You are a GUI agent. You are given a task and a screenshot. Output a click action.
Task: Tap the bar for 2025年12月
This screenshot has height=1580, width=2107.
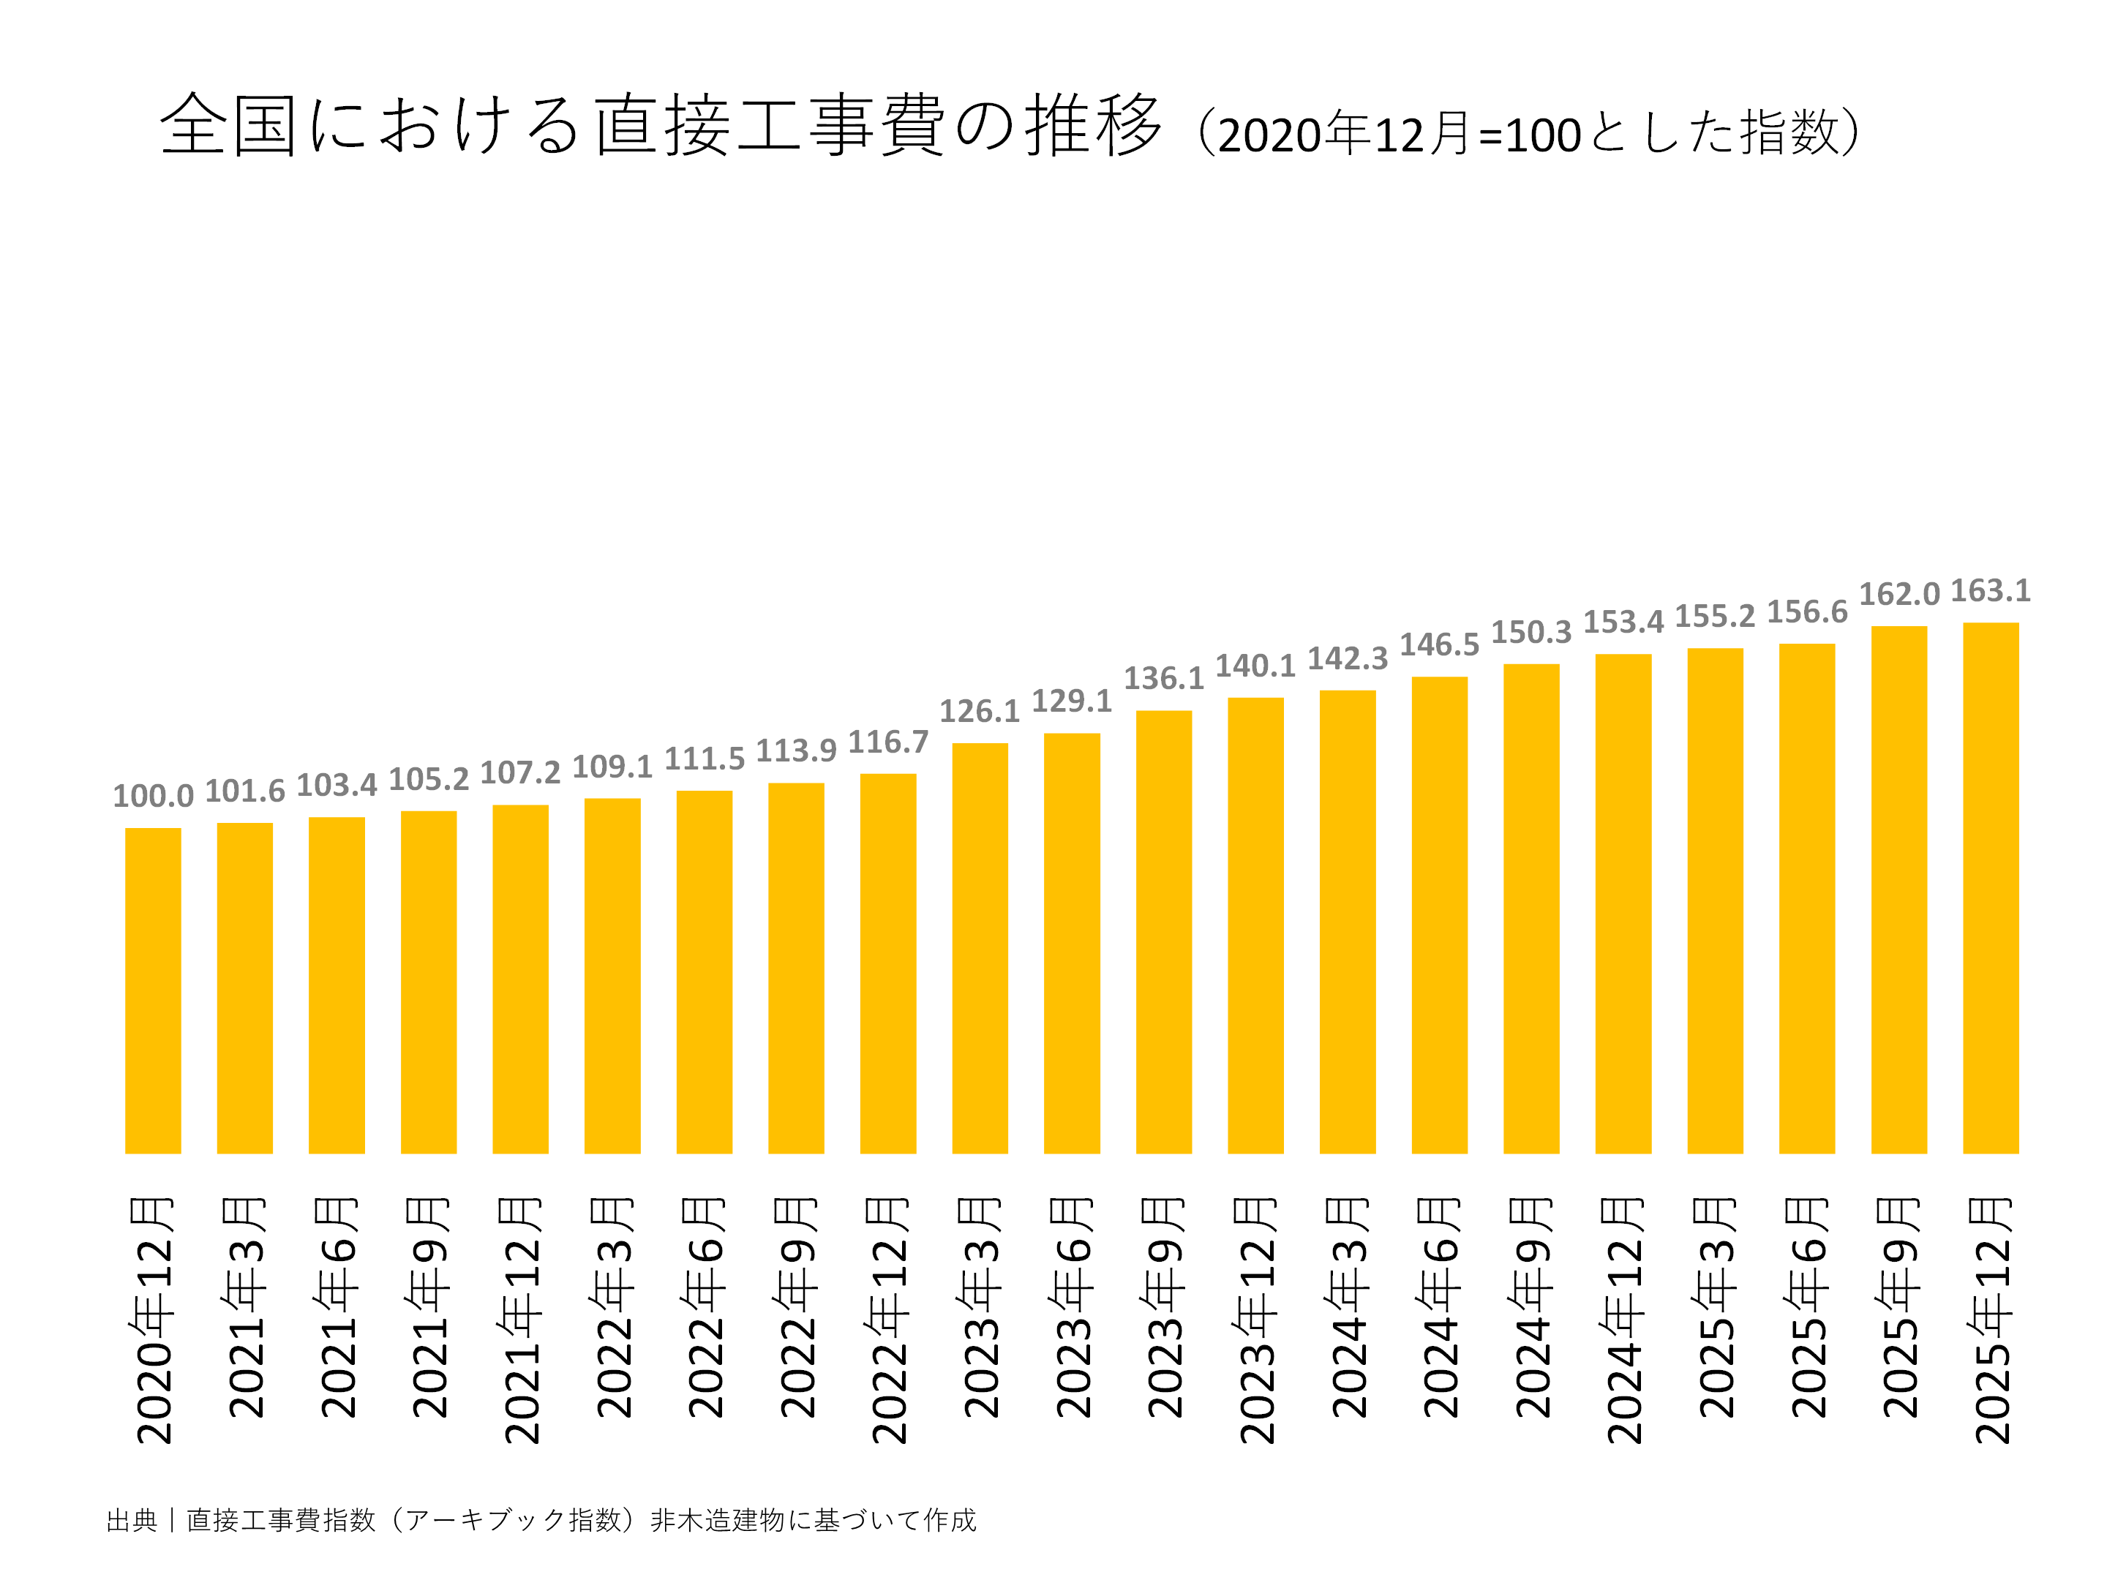[x=1991, y=887]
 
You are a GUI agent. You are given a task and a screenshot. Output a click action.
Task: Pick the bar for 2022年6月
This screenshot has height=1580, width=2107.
[x=704, y=971]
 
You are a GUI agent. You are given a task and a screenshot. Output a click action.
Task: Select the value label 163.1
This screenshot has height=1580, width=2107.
[x=1991, y=590]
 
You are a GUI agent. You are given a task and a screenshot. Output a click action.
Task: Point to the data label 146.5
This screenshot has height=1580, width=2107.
[x=1438, y=644]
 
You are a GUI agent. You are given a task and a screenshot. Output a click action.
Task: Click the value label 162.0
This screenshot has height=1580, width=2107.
[x=1898, y=594]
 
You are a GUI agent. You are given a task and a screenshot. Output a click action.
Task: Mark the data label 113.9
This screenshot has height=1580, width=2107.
[x=795, y=750]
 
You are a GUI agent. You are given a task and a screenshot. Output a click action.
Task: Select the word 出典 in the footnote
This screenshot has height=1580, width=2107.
[x=132, y=1520]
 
